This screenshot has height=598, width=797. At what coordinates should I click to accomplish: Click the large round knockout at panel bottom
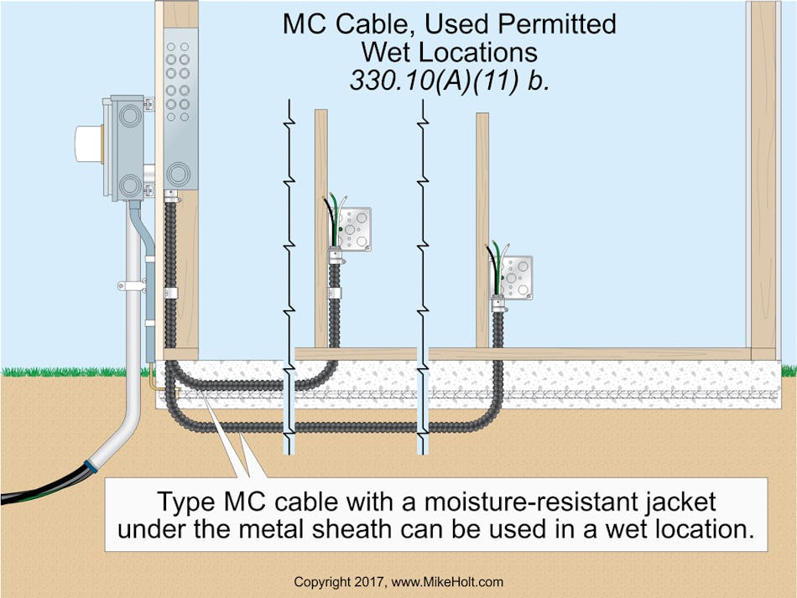(x=177, y=173)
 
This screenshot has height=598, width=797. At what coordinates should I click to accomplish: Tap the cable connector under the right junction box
(x=497, y=307)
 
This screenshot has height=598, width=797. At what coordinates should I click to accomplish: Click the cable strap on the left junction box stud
(x=336, y=294)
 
